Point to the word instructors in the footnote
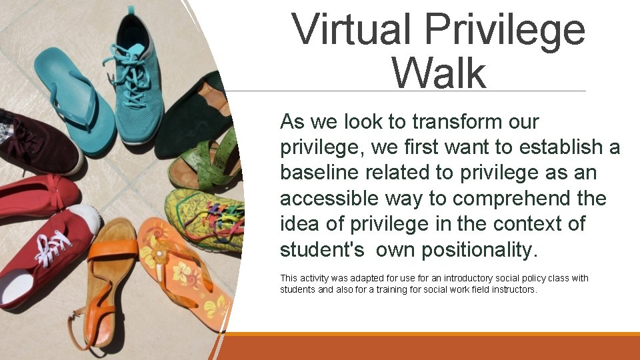click(512, 289)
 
